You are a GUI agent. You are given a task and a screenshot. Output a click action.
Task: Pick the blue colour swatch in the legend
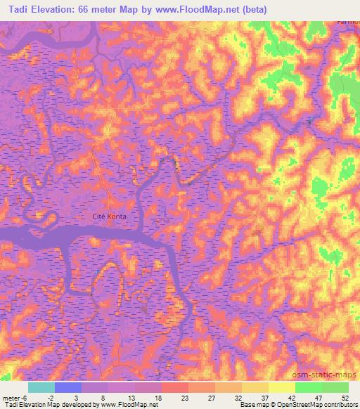[x=68, y=387]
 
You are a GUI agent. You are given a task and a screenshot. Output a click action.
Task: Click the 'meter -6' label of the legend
[x=13, y=398]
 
